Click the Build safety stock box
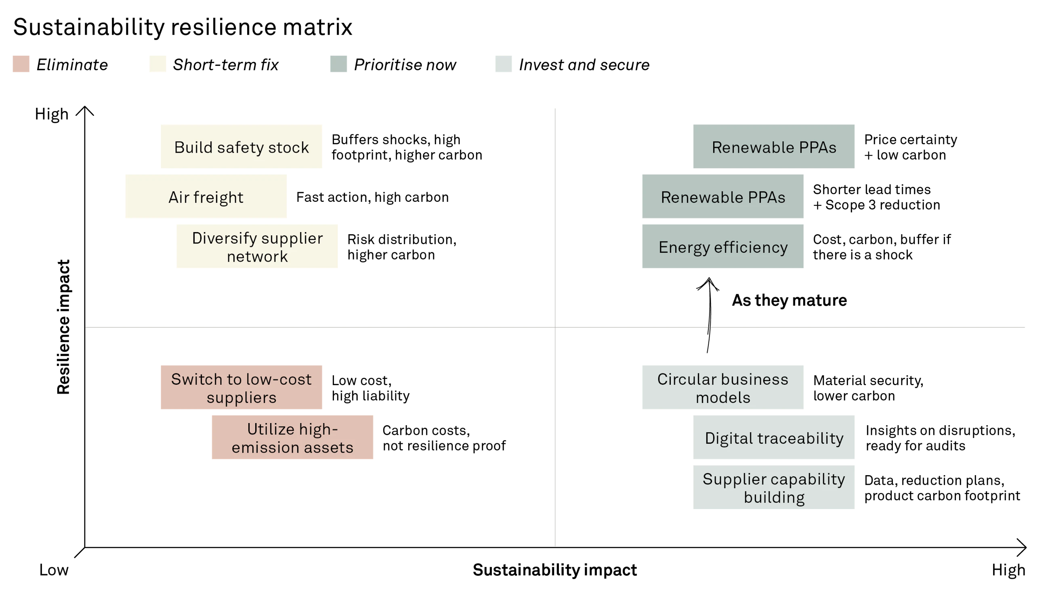(240, 147)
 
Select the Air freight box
(205, 197)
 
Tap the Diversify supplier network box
(257, 247)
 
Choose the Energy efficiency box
(722, 247)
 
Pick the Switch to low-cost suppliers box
(240, 388)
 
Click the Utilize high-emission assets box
(292, 438)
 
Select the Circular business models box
(722, 388)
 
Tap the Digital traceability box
(773, 438)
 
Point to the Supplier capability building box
(773, 488)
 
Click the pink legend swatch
(21, 65)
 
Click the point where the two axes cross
(554, 328)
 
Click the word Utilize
(271, 429)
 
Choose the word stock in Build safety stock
(288, 147)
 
